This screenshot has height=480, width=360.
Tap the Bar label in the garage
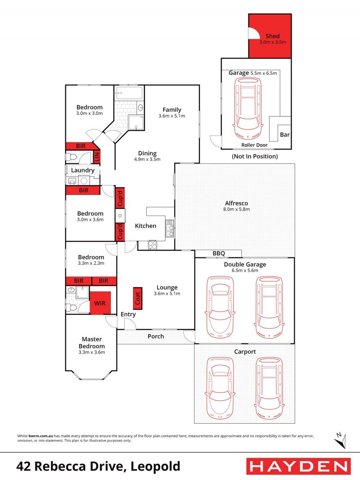(285, 135)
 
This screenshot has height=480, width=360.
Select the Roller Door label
(255, 145)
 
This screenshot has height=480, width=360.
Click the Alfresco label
(236, 203)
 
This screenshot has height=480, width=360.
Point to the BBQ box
(218, 254)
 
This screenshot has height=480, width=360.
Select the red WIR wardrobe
(100, 303)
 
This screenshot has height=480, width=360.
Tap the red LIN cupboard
(97, 157)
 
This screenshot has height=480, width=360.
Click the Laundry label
(83, 171)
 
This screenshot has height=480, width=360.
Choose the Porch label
(156, 336)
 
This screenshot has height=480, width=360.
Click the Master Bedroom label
(92, 343)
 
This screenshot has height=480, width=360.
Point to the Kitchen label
(146, 226)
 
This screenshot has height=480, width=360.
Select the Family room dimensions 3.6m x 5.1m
(172, 116)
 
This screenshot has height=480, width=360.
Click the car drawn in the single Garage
(248, 109)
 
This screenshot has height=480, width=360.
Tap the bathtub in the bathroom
(129, 93)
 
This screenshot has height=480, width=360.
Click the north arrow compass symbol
(340, 440)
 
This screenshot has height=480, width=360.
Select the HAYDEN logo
(298, 466)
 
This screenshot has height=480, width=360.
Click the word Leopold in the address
(155, 466)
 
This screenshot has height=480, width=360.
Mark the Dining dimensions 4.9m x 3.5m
(147, 159)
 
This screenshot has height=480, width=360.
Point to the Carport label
(245, 352)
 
